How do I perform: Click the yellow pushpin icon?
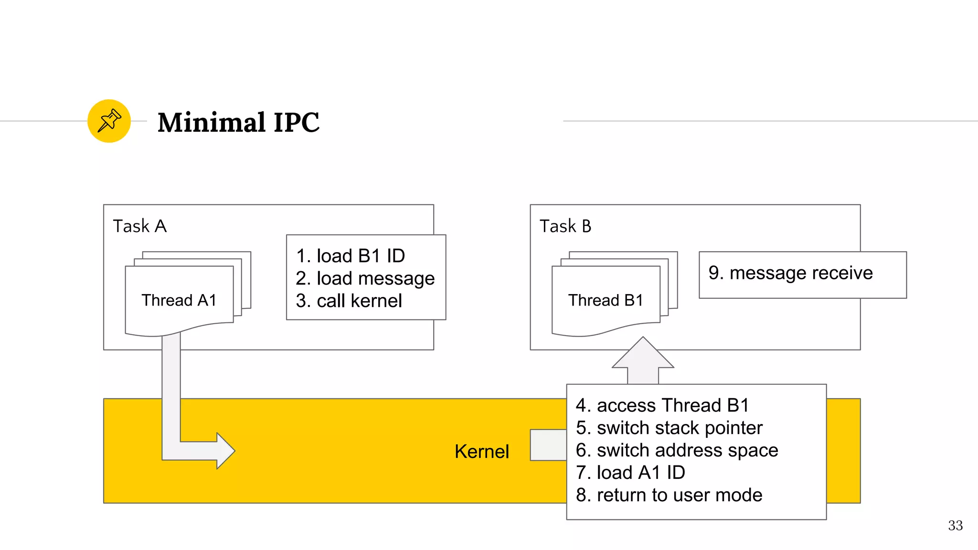(109, 121)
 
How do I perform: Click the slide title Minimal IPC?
(238, 122)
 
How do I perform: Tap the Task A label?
(139, 226)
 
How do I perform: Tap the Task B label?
(565, 226)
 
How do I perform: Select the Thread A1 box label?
(179, 300)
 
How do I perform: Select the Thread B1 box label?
(605, 300)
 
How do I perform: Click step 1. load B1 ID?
(350, 256)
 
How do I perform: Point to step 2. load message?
(365, 278)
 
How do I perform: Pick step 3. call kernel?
(349, 301)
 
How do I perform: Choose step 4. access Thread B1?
(662, 405)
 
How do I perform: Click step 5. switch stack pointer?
(669, 428)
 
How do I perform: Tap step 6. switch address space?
(677, 450)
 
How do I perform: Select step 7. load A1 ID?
(630, 473)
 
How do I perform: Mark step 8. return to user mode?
(669, 495)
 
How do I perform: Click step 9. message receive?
(790, 273)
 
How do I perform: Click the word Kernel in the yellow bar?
(481, 452)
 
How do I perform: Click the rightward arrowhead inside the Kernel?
(224, 451)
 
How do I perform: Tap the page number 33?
(955, 526)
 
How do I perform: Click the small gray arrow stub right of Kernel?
(548, 445)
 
